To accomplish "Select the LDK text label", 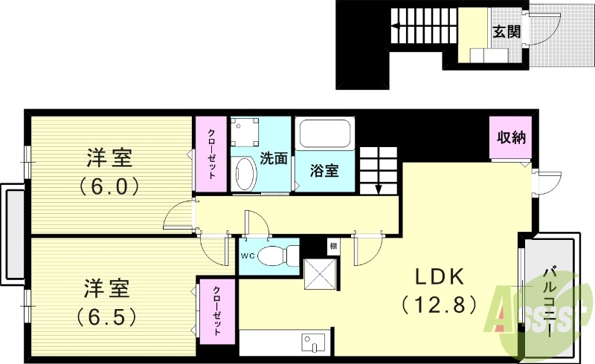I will point(440,276).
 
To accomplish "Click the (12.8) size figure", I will point(440,304).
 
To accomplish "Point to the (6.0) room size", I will point(109,185).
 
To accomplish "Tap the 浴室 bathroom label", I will point(325,171).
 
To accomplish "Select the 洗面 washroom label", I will point(273,157).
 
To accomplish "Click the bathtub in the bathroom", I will point(324,136).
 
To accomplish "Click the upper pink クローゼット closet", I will point(212,154).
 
